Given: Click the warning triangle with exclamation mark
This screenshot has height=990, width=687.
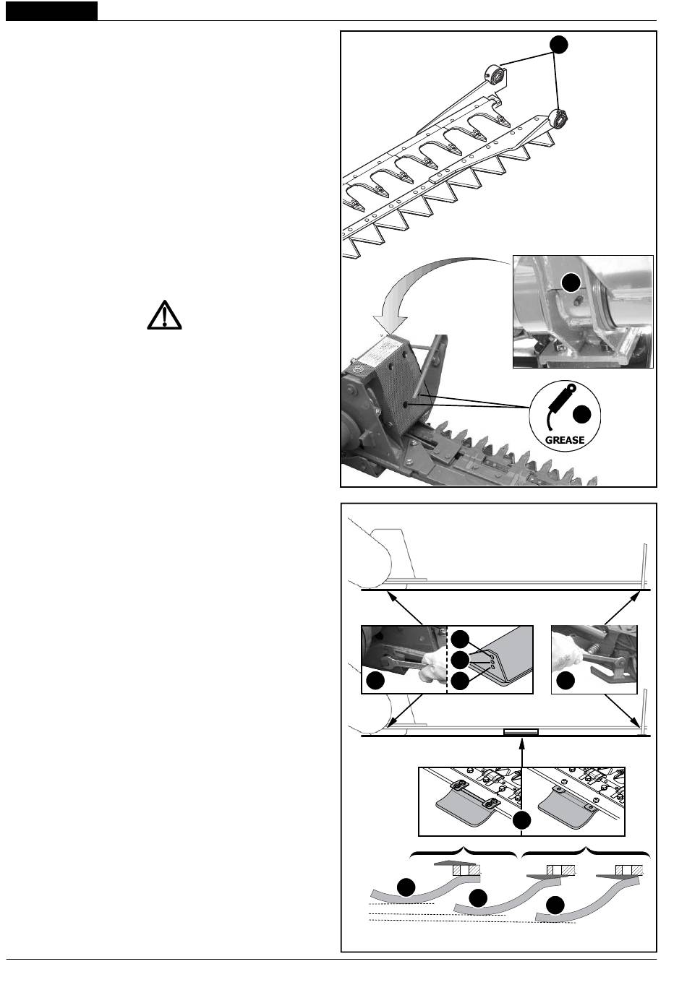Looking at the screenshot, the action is click(164, 315).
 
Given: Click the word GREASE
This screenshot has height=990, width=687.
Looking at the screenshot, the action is click(565, 440).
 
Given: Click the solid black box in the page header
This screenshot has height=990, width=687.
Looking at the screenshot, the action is click(52, 11).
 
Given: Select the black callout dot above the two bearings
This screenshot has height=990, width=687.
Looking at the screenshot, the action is click(559, 45).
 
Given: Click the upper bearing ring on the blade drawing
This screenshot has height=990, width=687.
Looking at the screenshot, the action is click(495, 74).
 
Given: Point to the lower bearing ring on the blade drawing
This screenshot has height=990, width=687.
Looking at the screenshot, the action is click(558, 119).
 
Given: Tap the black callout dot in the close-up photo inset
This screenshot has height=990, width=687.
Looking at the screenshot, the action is click(571, 283).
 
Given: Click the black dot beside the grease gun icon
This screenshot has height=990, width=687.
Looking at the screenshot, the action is click(581, 414).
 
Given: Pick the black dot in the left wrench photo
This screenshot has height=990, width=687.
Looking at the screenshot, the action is click(375, 680).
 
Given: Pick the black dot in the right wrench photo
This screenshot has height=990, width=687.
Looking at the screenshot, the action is click(566, 680).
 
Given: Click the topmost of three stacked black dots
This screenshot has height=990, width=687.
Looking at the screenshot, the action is click(460, 639).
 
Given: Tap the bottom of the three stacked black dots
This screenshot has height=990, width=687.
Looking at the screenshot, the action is click(460, 681).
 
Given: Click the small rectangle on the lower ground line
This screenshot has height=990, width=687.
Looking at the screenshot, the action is click(521, 731).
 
